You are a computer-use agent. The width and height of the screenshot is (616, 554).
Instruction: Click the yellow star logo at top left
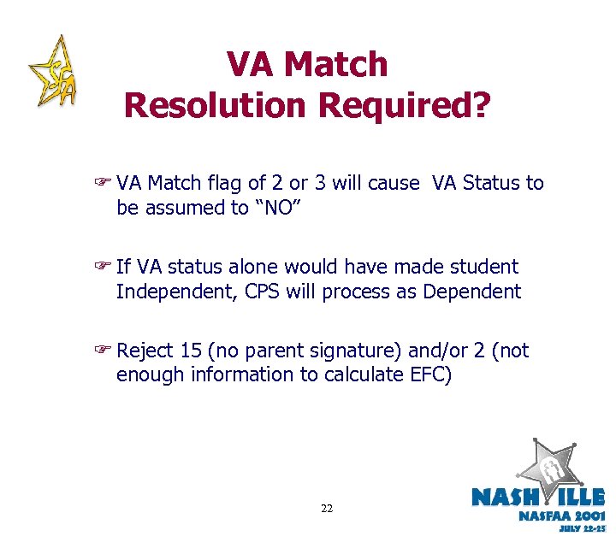pos(53,73)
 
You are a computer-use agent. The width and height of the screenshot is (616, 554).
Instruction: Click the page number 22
pos(326,509)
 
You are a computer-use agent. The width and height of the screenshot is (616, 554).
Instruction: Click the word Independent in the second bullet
pos(175,292)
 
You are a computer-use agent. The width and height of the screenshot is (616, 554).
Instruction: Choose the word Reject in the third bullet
pos(145,351)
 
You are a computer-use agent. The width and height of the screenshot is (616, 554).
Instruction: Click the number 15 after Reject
pos(192,351)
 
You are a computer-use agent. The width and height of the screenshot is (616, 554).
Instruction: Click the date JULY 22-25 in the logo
pos(581,529)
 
